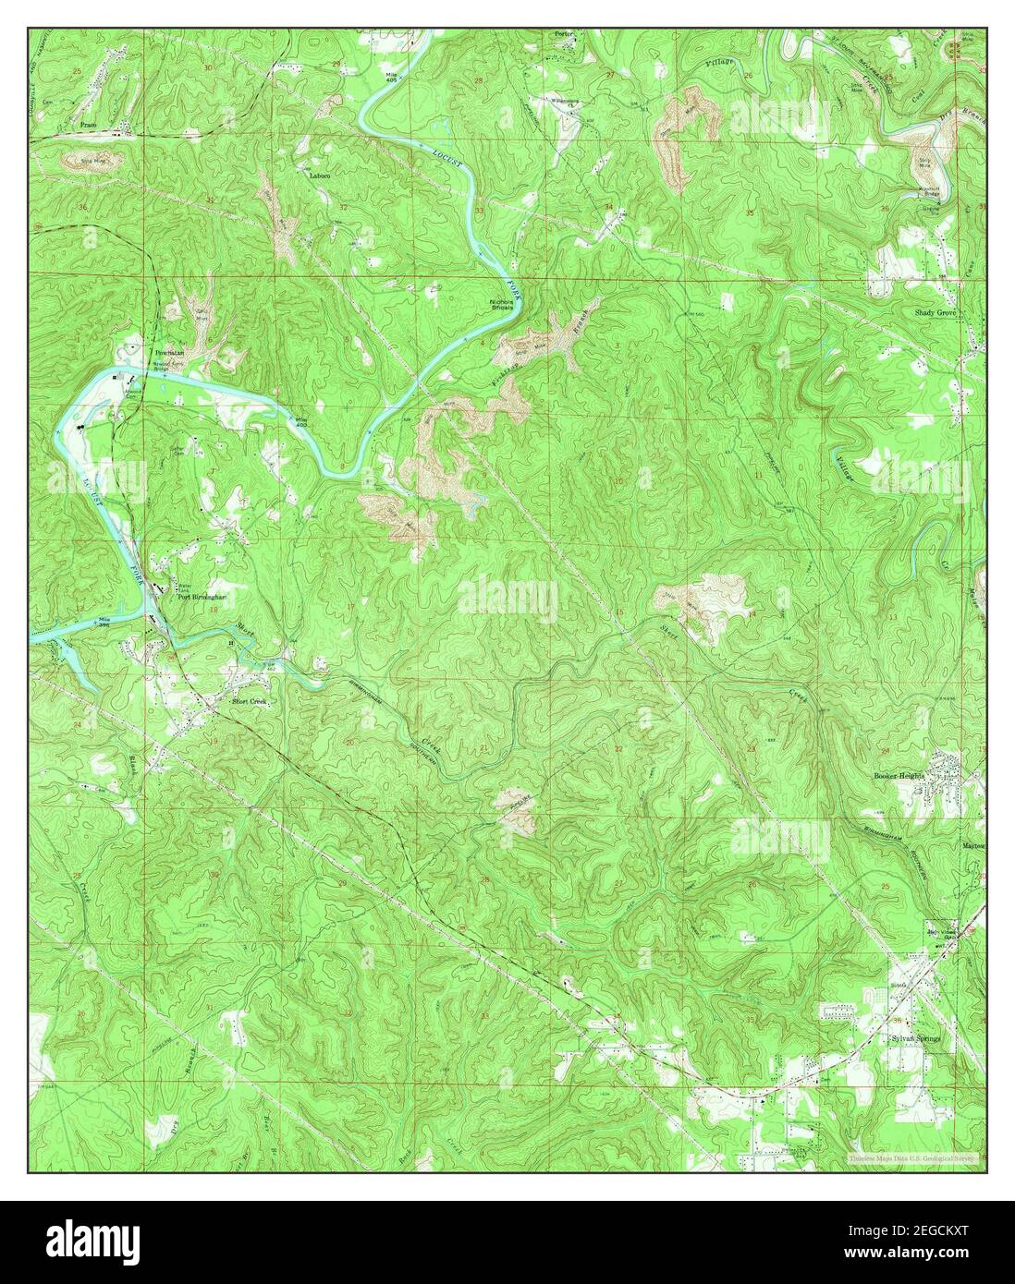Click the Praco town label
coord(90,123)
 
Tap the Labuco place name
coord(320,174)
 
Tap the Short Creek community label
coord(248,701)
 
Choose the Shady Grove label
coord(935,313)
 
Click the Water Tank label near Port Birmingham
coord(184,586)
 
